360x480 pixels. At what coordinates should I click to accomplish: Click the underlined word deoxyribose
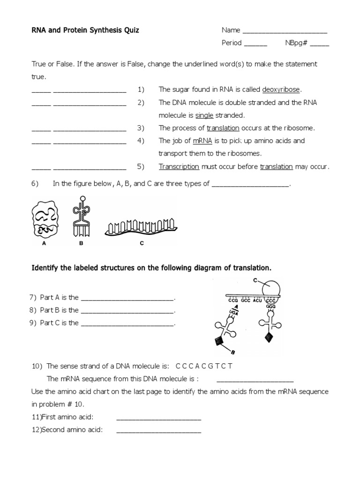click(281, 90)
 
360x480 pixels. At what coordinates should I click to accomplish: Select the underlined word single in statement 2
click(204, 115)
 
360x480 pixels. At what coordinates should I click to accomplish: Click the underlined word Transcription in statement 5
click(179, 166)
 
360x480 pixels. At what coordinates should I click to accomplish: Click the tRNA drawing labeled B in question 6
click(81, 217)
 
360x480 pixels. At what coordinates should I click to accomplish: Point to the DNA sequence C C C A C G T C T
click(203, 366)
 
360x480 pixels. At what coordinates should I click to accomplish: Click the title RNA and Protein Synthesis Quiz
click(85, 30)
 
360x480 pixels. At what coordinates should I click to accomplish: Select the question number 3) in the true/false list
click(141, 128)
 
